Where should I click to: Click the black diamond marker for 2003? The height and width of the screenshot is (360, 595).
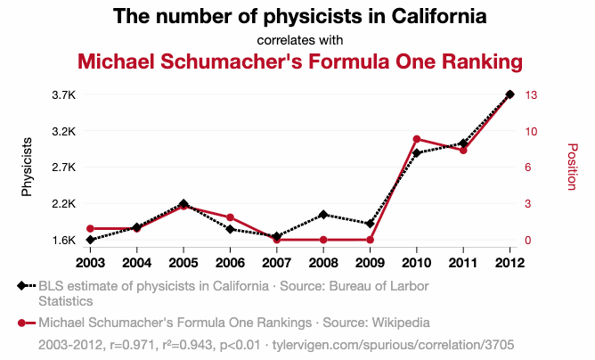click(90, 240)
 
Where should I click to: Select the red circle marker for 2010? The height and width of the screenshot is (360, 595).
click(416, 139)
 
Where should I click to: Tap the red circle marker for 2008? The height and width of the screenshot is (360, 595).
click(322, 240)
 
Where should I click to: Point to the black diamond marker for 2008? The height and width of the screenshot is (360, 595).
click(322, 215)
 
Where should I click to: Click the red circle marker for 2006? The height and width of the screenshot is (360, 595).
click(230, 217)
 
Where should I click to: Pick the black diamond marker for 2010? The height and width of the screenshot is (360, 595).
click(416, 153)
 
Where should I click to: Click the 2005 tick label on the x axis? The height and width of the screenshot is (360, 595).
click(183, 262)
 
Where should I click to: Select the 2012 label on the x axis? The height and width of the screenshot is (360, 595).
click(509, 262)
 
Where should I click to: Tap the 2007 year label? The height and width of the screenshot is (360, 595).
click(276, 262)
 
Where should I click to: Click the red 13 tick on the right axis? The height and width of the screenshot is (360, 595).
click(533, 94)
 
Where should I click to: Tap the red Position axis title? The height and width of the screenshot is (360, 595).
click(572, 167)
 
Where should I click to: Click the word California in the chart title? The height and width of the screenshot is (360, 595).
click(428, 16)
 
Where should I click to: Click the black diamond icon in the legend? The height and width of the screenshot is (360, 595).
click(21, 286)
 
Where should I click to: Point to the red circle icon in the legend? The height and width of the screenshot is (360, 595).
click(21, 322)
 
